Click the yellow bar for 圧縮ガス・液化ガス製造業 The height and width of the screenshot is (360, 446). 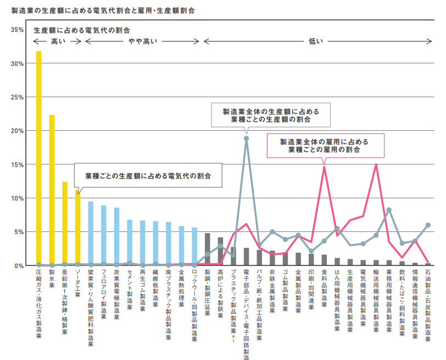coord(38,158)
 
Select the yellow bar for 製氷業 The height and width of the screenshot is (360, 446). coord(52,190)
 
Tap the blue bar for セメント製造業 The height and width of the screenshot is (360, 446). coord(130,242)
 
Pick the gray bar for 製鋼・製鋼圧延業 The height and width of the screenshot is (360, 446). coord(208,250)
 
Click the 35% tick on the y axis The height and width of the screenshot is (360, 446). coord(17,30)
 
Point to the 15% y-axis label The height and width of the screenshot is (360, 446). coord(17,165)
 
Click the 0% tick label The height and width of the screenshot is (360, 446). coord(19,266)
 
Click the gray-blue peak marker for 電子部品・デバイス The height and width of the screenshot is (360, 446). coord(246,139)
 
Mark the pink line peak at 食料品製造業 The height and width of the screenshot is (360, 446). coord(324,167)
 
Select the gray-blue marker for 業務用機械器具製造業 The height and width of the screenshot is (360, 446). coord(389,210)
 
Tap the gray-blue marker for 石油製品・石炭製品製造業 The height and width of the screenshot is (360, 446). coord(428,225)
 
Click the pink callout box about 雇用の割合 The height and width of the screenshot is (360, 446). coord(325,146)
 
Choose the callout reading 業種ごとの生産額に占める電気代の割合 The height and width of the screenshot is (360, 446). coord(148,175)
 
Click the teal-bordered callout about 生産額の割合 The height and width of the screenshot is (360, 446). coord(271,115)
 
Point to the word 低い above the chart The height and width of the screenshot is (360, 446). coord(316,42)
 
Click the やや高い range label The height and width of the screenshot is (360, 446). coord(142,42)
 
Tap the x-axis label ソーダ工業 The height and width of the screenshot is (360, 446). coord(77,283)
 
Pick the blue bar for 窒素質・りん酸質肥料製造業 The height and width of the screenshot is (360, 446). coord(91,234)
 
